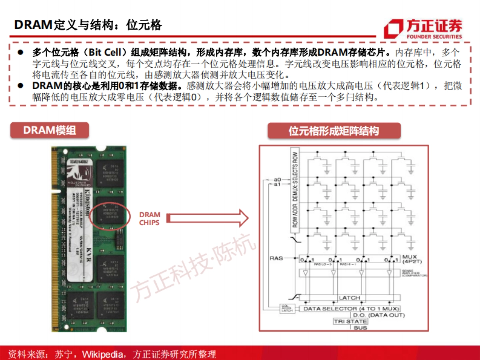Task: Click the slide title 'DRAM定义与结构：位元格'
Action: point(88,25)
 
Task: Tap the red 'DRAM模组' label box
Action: point(50,130)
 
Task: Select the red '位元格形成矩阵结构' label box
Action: point(334,131)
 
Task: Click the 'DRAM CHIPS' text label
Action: point(150,219)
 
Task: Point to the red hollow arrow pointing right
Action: point(208,218)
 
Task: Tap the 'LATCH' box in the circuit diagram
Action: point(349,298)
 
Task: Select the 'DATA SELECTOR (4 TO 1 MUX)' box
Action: point(347,309)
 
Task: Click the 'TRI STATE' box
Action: point(350,322)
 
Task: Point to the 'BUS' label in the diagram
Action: point(360,328)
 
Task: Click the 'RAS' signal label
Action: point(276,258)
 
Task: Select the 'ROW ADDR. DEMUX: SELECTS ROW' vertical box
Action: point(295,190)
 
